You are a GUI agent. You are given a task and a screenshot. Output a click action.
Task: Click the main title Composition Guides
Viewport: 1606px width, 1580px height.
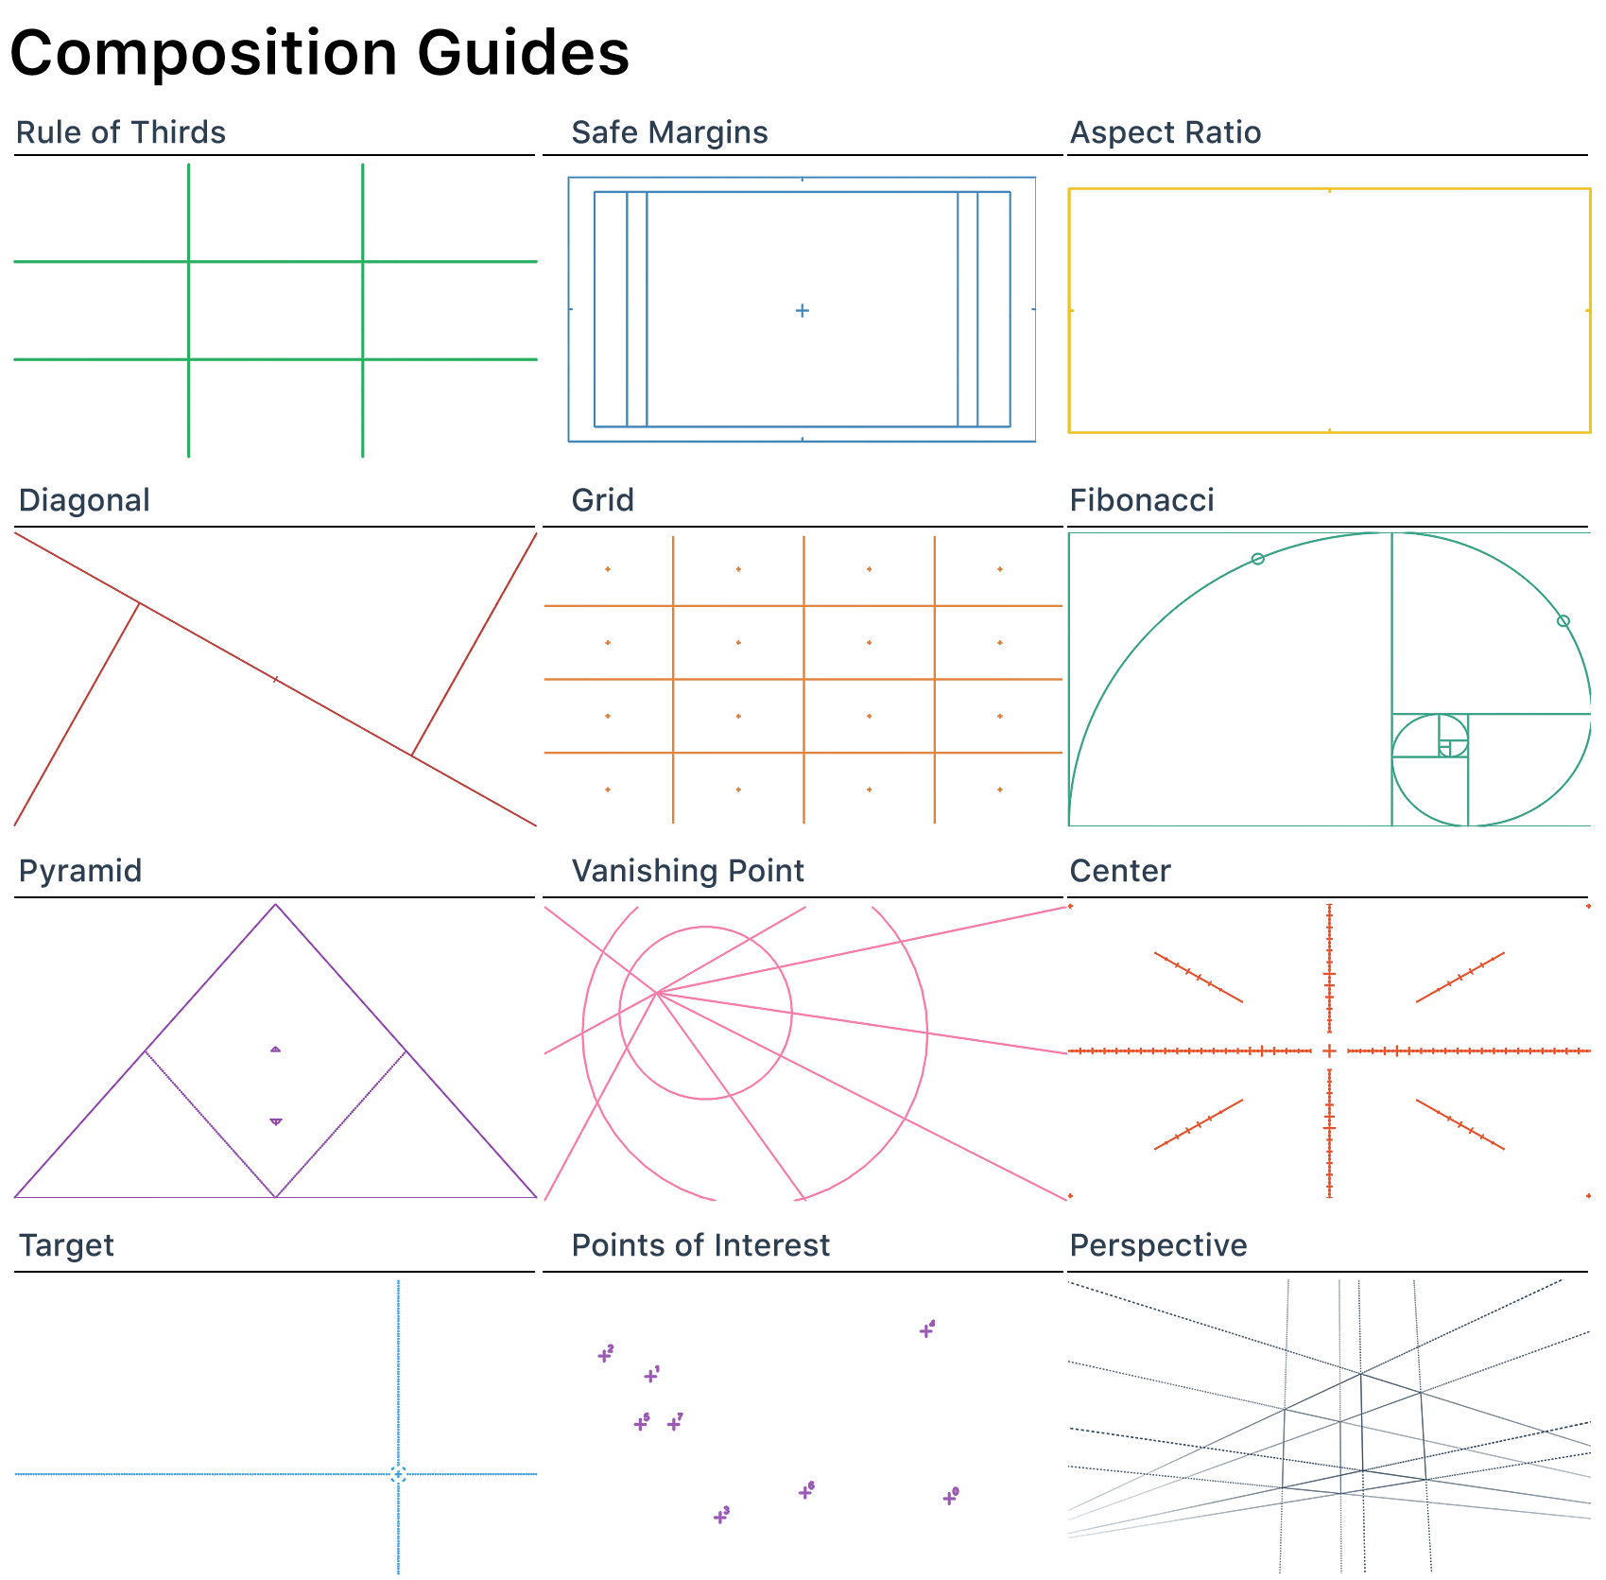(x=319, y=53)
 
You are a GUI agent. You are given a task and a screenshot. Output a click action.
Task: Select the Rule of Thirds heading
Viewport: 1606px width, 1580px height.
(x=121, y=132)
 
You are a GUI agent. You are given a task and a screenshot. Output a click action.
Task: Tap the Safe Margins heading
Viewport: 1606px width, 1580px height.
(x=669, y=132)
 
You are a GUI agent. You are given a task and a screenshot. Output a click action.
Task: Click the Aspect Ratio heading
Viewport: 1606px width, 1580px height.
(x=1165, y=132)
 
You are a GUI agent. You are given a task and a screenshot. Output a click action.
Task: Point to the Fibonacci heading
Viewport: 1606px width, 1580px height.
(x=1141, y=500)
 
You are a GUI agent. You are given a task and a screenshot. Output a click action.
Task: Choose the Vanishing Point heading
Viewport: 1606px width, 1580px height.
(x=687, y=871)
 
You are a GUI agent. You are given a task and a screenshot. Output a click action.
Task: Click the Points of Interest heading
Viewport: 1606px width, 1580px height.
(x=700, y=1245)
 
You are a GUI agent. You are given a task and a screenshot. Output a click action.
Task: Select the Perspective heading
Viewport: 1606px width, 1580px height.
(x=1158, y=1245)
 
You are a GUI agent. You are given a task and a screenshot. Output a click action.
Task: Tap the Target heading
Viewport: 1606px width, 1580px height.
(x=66, y=1245)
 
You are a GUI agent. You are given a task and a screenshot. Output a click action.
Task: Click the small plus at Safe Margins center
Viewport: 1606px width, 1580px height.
(x=802, y=310)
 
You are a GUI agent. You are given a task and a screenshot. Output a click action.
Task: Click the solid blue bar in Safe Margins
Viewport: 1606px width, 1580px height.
(x=1003, y=309)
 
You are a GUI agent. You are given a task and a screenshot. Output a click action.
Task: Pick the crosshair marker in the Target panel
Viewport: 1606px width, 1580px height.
(x=398, y=1474)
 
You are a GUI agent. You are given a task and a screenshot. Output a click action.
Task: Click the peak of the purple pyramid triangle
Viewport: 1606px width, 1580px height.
(x=275, y=905)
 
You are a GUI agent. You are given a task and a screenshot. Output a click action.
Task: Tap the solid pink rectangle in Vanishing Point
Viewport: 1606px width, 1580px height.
(x=1018, y=1087)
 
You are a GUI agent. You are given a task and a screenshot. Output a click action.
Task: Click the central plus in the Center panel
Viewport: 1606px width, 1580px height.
(x=1329, y=1050)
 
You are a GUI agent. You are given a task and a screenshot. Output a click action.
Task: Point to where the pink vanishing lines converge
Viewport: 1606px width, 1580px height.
(x=656, y=992)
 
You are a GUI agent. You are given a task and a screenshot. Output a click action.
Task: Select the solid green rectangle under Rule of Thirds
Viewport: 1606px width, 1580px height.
(x=275, y=310)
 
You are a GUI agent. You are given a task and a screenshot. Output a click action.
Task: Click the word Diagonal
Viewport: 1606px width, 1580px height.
(x=84, y=500)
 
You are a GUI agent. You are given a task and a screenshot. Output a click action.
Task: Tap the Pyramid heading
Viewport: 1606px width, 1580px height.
(x=80, y=871)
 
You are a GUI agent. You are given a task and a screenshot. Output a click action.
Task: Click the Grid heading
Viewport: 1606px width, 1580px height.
(x=602, y=500)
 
